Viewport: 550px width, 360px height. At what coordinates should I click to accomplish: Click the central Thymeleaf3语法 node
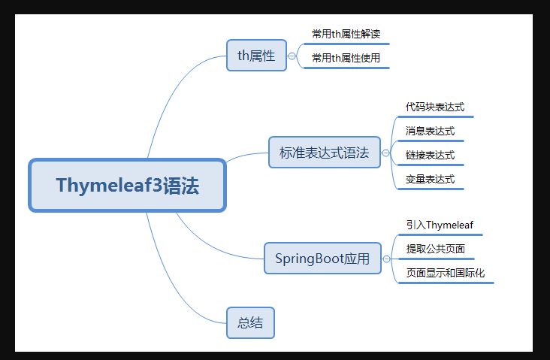pyautogui.click(x=127, y=185)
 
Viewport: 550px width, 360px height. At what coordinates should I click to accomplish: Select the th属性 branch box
pyautogui.click(x=256, y=55)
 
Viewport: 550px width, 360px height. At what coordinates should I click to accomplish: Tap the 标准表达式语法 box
pyautogui.click(x=324, y=153)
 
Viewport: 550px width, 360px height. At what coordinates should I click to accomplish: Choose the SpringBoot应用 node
pyautogui.click(x=322, y=259)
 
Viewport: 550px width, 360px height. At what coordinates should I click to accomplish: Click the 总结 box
pyautogui.click(x=250, y=322)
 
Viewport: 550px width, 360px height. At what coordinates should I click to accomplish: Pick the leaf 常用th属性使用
pyautogui.click(x=346, y=57)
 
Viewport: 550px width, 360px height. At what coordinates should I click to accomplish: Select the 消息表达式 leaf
pyautogui.click(x=430, y=131)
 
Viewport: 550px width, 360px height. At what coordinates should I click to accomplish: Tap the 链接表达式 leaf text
pyautogui.click(x=430, y=155)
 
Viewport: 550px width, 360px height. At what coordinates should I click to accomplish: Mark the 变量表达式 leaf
pyautogui.click(x=430, y=179)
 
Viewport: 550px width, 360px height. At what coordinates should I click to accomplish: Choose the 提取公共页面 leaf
pyautogui.click(x=435, y=248)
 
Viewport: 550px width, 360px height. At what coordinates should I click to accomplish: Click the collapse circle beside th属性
pyautogui.click(x=292, y=56)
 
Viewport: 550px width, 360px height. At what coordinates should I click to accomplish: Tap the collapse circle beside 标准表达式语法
pyautogui.click(x=385, y=153)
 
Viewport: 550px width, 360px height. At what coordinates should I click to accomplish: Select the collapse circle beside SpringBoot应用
pyautogui.click(x=386, y=259)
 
